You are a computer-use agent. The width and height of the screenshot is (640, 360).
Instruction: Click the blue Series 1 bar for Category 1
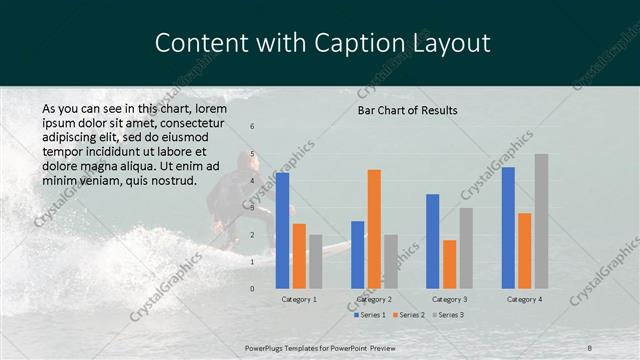coord(282,230)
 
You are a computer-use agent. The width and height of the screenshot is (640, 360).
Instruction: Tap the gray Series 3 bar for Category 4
coord(541,221)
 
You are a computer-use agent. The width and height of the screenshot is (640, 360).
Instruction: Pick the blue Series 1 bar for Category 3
coord(433,241)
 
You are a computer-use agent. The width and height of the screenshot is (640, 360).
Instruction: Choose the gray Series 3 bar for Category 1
coord(316,261)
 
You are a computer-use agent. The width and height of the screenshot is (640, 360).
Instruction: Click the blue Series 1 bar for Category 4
coord(508,227)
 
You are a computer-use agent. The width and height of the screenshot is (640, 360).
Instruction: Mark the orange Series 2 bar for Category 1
coord(299,256)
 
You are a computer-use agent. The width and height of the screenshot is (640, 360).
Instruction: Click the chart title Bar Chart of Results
coord(407,110)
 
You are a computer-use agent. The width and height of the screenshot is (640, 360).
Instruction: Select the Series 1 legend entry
coord(371,315)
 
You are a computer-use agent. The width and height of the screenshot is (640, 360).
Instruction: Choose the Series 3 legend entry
coord(449,315)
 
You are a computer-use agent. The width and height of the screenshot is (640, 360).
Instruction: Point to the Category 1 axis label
coord(299,299)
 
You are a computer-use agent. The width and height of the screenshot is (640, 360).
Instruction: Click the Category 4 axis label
coord(524,299)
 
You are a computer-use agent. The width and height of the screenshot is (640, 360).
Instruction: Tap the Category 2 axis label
coord(374,299)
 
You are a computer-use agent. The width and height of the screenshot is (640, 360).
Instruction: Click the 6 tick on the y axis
coord(252,126)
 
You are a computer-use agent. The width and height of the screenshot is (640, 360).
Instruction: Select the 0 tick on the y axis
coord(252,288)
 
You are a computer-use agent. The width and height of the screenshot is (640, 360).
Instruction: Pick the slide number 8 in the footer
coord(590,347)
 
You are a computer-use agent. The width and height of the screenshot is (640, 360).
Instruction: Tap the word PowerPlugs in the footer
coord(266,347)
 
